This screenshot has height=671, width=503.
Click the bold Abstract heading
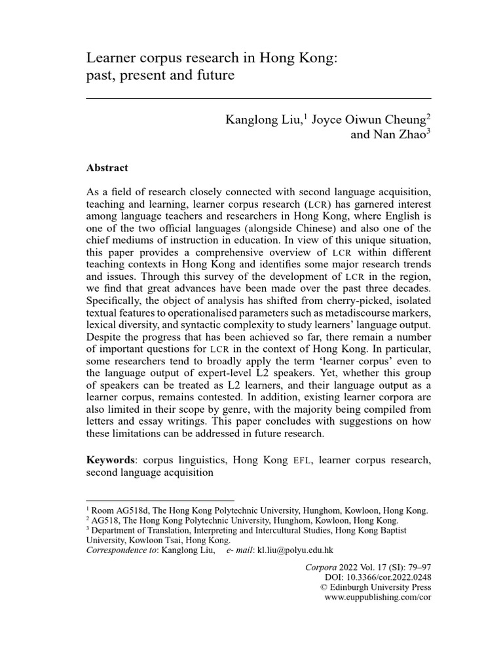pyautogui.click(x=107, y=168)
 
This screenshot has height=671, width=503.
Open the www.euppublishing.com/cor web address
pyautogui.click(x=378, y=598)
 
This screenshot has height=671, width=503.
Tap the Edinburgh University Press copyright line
pyautogui.click(x=383, y=588)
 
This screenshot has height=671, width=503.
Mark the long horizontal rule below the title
pyautogui.click(x=259, y=98)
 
